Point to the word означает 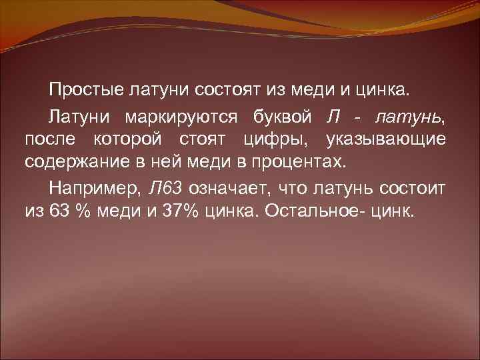point(229,188)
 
